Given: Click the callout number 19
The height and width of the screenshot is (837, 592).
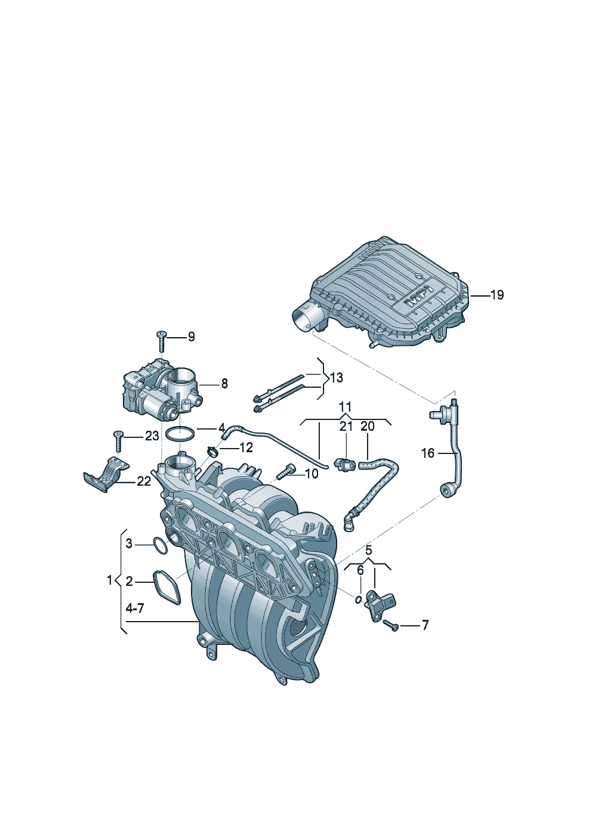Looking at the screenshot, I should point(497,295).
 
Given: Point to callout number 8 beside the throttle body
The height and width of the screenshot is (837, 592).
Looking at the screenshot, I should point(224,384).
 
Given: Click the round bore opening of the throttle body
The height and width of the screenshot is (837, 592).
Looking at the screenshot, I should point(181,378).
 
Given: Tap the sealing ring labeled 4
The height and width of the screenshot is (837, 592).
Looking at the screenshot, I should point(179,434).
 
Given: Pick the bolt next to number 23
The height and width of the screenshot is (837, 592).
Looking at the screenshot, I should point(118,442).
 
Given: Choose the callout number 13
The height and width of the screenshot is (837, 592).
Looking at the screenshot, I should point(336,377).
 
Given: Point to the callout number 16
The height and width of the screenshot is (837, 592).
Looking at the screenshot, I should point(428,453).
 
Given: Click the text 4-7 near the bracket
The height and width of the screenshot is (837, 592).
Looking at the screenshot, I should point(134,609).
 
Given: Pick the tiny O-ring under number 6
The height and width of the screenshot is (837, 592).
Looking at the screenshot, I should point(358,600).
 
